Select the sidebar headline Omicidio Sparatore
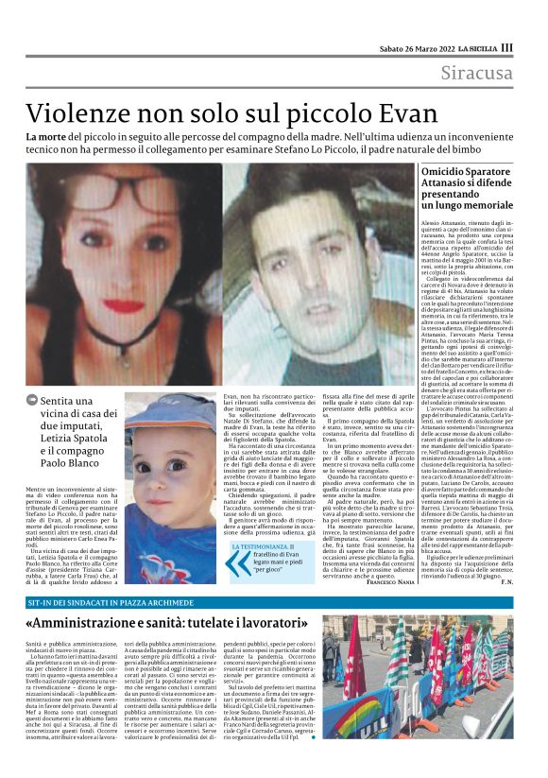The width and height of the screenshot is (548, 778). coord(454,171)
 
